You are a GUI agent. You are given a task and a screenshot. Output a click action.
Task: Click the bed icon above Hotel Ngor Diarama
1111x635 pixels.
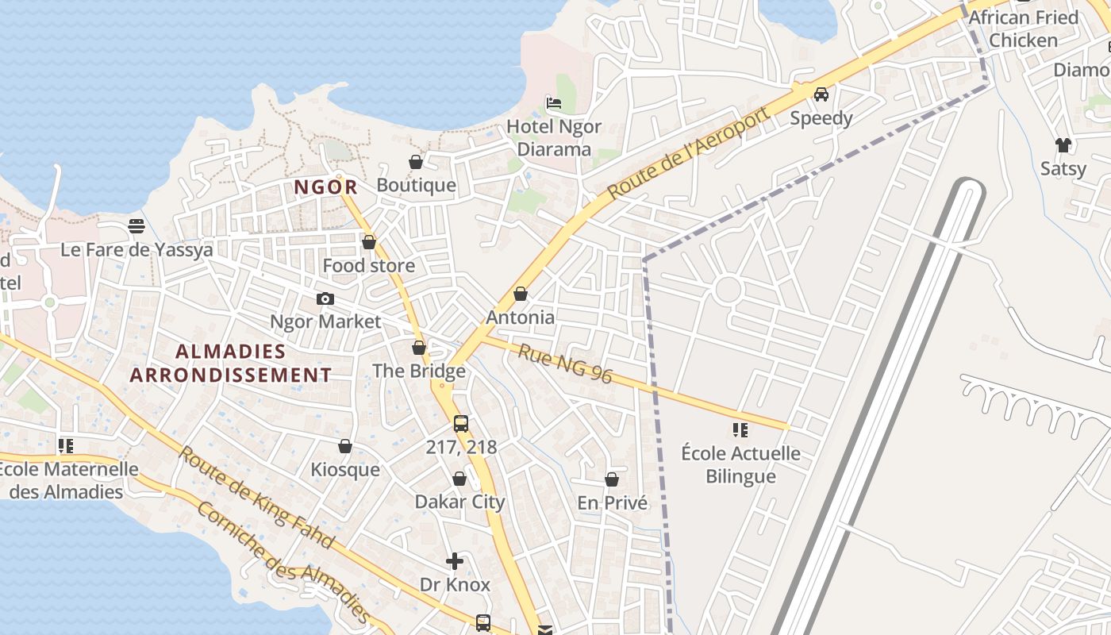(x=554, y=102)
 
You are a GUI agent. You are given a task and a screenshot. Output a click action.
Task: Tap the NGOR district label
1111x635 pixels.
(x=325, y=187)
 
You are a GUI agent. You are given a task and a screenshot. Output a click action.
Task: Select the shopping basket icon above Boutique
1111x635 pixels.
(x=416, y=163)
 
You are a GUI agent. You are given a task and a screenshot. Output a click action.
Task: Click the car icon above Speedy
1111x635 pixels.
(x=821, y=94)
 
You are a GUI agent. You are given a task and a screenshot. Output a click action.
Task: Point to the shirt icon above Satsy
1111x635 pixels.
(x=1063, y=144)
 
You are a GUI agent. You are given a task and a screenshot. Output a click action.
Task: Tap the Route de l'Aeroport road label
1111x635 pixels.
(x=689, y=153)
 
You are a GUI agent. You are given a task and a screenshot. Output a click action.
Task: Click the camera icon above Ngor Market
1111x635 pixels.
(x=325, y=299)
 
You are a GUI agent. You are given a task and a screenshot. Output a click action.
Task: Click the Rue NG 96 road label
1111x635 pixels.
(x=565, y=363)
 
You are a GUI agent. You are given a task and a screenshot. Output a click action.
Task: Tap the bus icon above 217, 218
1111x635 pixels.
(x=461, y=424)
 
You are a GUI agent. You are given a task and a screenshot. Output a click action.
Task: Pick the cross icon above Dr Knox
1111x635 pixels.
(x=455, y=562)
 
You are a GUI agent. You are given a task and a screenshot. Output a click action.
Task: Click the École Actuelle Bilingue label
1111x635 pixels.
(x=740, y=464)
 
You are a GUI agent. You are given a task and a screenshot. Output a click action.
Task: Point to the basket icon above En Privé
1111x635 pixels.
(x=612, y=479)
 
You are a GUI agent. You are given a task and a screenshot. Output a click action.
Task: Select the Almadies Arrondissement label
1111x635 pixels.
(x=230, y=363)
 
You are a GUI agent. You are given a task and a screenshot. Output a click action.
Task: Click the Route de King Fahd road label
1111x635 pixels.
(x=255, y=498)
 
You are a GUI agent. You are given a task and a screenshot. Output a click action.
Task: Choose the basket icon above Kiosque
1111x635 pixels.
(x=345, y=447)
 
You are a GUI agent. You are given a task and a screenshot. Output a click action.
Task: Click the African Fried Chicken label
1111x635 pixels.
(x=1024, y=29)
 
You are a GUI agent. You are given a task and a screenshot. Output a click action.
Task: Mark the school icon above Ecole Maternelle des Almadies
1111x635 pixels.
(x=66, y=446)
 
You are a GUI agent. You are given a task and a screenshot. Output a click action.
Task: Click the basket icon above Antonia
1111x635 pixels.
(x=521, y=294)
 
